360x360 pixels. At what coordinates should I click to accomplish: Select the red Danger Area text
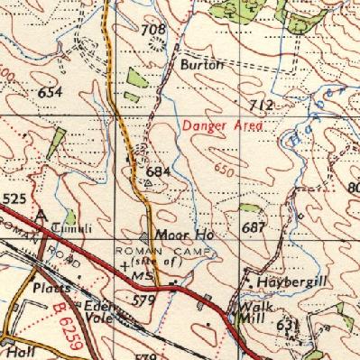[222, 126]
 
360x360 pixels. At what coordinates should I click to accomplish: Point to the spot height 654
[50, 92]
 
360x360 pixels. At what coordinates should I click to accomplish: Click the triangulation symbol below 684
[148, 181]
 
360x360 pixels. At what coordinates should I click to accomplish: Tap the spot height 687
[254, 227]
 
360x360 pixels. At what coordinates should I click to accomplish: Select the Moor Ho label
[175, 235]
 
